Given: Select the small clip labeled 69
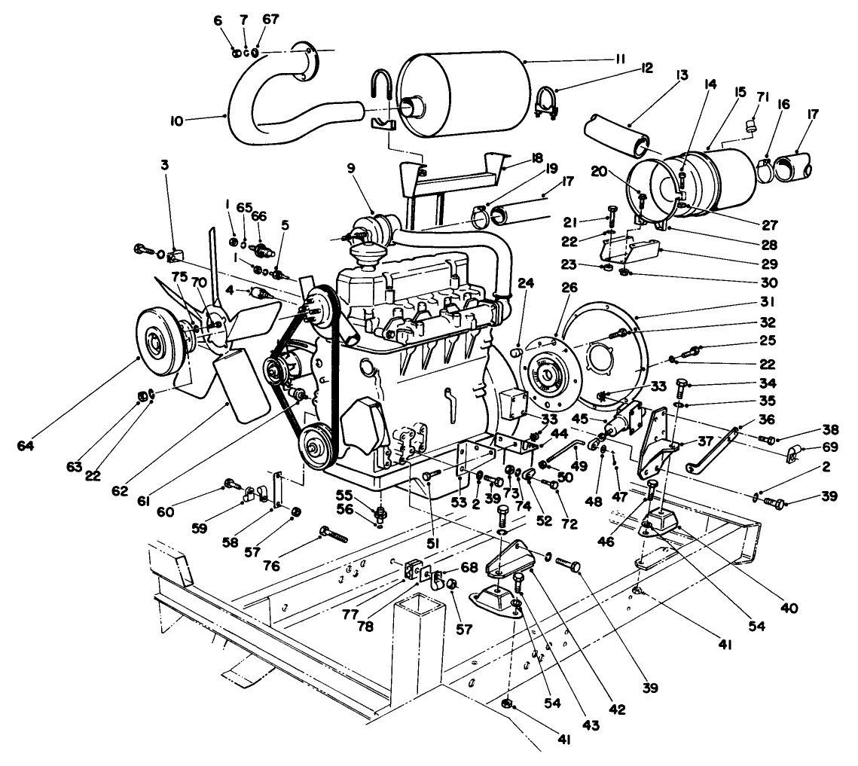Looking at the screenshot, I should (x=792, y=454).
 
